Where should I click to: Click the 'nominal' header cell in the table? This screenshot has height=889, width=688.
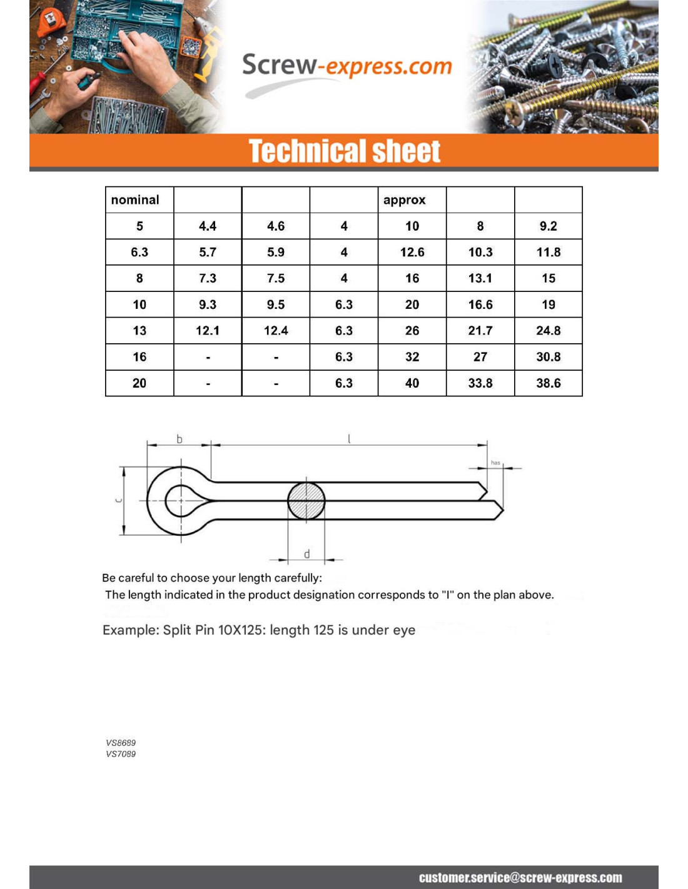pos(135,200)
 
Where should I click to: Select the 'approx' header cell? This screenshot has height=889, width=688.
pos(405,200)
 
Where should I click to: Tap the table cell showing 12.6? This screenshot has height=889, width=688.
pos(412,252)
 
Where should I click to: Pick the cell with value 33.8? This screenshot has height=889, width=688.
pos(480,383)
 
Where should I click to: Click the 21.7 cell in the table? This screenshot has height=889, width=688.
pos(480,331)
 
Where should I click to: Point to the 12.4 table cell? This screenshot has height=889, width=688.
pos(276,331)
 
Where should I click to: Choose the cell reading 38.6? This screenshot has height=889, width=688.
pos(549,383)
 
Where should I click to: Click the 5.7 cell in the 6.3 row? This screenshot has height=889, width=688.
pos(208,252)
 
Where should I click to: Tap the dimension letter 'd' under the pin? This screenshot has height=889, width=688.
pos(306,555)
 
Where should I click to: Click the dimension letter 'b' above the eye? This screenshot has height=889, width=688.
pos(180,439)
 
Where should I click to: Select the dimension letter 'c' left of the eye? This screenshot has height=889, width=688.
pos(118,500)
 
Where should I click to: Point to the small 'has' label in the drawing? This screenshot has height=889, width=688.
pos(495,463)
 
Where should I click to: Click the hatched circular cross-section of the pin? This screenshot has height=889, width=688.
pos(306,500)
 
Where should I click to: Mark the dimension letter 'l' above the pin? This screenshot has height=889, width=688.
pos(349,439)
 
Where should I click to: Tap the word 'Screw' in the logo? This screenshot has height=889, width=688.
pos(279,65)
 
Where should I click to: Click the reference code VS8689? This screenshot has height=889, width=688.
pos(121,743)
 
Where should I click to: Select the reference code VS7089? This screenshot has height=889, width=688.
pos(121,754)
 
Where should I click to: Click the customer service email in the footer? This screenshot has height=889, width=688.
pos(520,878)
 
